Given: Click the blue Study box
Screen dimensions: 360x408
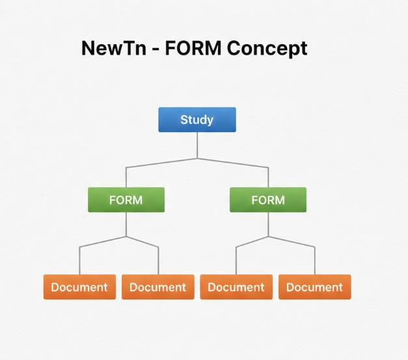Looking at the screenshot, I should pyautogui.click(x=197, y=120).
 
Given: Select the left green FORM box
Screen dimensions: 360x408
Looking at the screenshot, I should pyautogui.click(x=126, y=200).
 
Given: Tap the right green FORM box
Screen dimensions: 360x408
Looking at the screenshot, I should pyautogui.click(x=268, y=200).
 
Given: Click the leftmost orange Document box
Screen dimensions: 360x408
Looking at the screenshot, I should pyautogui.click(x=79, y=287).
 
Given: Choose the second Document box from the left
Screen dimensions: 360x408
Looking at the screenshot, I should pyautogui.click(x=158, y=287).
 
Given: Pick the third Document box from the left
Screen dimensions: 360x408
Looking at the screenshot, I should pyautogui.click(x=236, y=287).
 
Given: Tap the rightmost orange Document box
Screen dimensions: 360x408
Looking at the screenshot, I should pyautogui.click(x=315, y=287).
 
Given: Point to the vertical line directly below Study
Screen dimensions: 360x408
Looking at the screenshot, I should pyautogui.click(x=197, y=145).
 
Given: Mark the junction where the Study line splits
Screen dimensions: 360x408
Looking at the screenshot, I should pyautogui.click(x=197, y=158).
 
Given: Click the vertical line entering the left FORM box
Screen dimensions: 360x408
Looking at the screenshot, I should pyautogui.click(x=126, y=178).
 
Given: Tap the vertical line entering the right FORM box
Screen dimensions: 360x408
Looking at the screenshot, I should pyautogui.click(x=268, y=178).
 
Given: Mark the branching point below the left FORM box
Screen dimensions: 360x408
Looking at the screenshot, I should pyautogui.click(x=126, y=236).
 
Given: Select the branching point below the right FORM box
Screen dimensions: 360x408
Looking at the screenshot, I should pyautogui.click(x=268, y=236).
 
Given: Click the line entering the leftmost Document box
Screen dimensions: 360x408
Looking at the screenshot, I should pyautogui.click(x=79, y=262).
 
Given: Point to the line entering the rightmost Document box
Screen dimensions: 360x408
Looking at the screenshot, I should pyautogui.click(x=315, y=262).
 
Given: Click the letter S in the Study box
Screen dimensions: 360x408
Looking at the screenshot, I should pyautogui.click(x=184, y=120).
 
